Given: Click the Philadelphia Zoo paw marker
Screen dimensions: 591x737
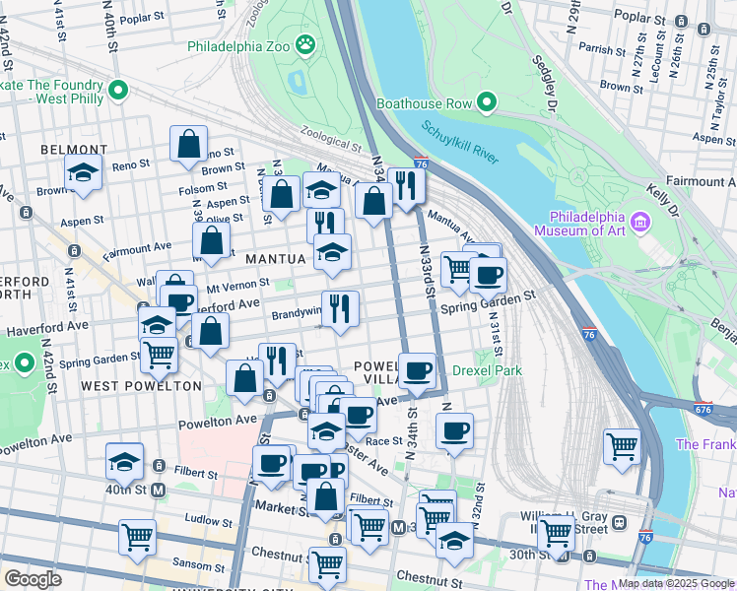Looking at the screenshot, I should click(307, 44).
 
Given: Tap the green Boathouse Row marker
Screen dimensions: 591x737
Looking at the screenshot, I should click(487, 101).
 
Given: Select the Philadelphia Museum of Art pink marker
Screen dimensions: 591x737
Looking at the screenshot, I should click(642, 221).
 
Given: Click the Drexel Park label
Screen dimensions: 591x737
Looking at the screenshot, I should click(487, 370).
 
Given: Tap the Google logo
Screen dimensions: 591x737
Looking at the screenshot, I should click(33, 578).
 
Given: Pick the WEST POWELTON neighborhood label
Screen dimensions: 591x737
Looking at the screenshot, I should click(127, 385).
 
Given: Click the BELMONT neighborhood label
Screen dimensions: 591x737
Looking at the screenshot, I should click(67, 149).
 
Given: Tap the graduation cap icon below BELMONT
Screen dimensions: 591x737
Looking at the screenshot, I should click(85, 171).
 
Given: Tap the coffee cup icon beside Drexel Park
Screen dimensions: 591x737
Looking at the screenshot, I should click(418, 370).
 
